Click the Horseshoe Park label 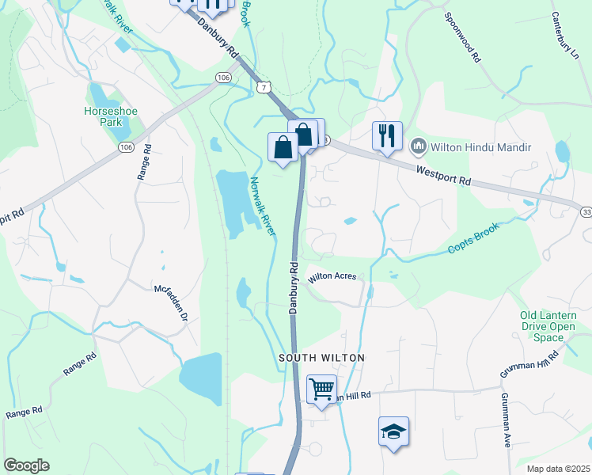tap(111, 117)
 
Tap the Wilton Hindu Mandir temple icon tap(418, 146)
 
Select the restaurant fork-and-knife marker tap(387, 135)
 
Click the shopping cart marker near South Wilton tap(321, 389)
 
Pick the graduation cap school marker tap(393, 431)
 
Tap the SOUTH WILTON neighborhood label tap(322, 358)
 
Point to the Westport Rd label tap(443, 174)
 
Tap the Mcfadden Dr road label tap(171, 302)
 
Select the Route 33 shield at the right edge tap(586, 211)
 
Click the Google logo tap(27, 465)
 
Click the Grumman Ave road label tap(504, 420)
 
